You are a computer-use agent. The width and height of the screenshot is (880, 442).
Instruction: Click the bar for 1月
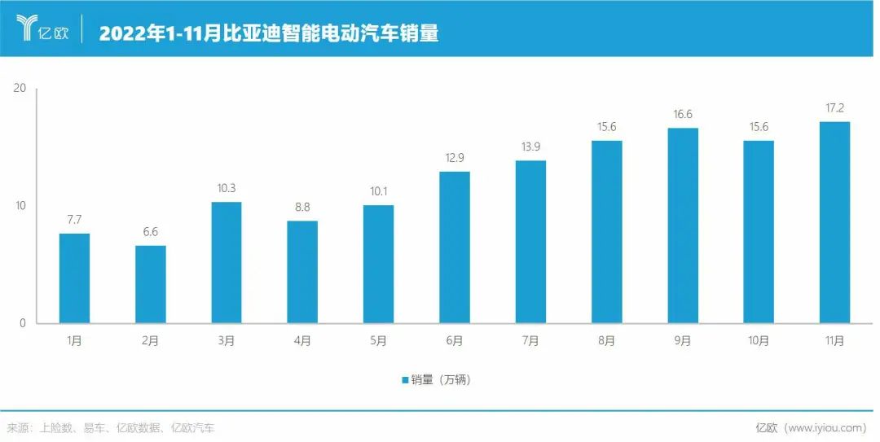(74, 278)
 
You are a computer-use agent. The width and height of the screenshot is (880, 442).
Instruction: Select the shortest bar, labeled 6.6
(150, 284)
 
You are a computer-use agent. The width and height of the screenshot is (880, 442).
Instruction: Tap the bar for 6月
(455, 247)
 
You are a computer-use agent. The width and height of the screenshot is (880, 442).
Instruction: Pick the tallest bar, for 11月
(834, 222)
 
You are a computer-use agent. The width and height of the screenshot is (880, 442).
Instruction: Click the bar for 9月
(683, 225)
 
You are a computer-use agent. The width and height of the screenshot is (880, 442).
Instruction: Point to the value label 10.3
(226, 188)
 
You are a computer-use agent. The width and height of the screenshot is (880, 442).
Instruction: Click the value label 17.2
(834, 107)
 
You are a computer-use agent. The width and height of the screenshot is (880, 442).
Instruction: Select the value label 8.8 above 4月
(302, 207)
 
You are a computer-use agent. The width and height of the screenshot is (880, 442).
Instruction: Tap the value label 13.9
(530, 147)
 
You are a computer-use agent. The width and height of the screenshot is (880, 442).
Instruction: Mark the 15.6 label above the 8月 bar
(606, 127)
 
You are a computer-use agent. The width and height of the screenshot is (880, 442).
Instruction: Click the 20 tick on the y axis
(21, 88)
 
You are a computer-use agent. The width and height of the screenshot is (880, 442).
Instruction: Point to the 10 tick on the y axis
(21, 206)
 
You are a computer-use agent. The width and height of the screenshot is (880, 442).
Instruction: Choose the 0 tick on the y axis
(24, 323)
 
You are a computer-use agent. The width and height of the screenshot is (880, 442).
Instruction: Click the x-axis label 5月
(378, 341)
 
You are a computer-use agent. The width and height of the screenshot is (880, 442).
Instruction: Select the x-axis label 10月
(759, 341)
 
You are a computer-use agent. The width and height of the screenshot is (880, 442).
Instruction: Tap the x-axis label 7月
(530, 341)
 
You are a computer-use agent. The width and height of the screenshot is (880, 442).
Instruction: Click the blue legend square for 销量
(404, 380)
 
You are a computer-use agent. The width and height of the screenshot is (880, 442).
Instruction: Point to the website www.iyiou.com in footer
(825, 427)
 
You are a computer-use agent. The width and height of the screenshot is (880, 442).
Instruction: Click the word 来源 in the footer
(18, 427)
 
